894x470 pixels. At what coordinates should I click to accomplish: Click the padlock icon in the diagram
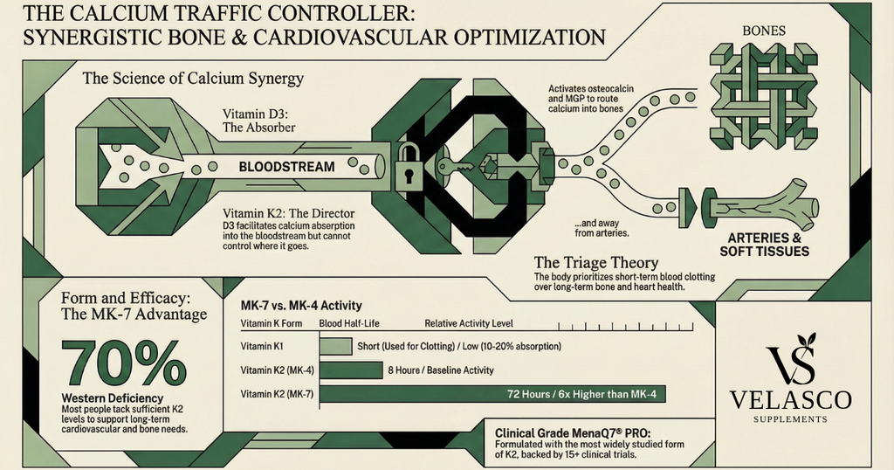click(x=408, y=167)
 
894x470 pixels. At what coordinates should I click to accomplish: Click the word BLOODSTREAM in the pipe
click(x=286, y=166)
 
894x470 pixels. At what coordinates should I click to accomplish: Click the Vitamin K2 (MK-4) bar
click(x=351, y=370)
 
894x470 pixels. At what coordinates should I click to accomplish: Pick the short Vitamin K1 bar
click(x=335, y=346)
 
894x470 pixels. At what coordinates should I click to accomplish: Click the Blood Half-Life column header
click(x=342, y=322)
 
